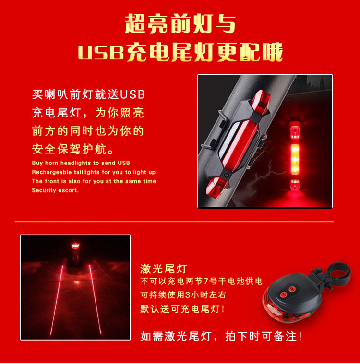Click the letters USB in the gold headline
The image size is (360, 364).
tap(101, 52)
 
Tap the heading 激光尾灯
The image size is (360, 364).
tap(164, 269)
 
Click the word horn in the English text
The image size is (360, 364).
tap(51, 163)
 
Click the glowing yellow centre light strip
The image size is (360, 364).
tap(295, 159)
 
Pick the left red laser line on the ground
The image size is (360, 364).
tap(57, 300)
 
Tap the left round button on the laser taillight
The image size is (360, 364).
tap(283, 295)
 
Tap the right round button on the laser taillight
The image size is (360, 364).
tap(292, 289)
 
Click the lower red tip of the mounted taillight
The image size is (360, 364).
tap(216, 187)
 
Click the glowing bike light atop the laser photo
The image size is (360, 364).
tap(75, 246)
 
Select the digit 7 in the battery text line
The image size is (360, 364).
tap(206, 282)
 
